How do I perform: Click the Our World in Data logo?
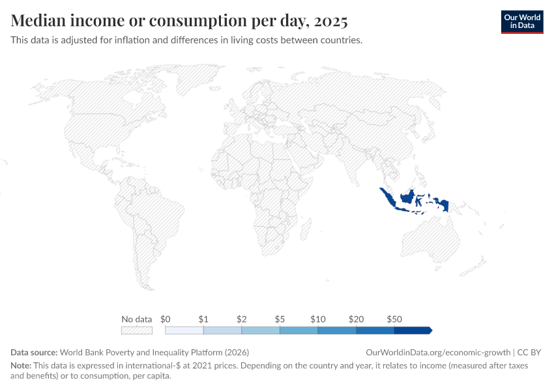pyautogui.click(x=521, y=22)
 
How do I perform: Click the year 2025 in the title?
pyautogui.click(x=330, y=21)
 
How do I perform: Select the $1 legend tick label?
pyautogui.click(x=203, y=319)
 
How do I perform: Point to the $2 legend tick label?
pyautogui.click(x=241, y=319)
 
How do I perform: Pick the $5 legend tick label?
pyautogui.click(x=280, y=319)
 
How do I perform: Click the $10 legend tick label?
pyautogui.click(x=317, y=319)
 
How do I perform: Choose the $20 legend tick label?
pyautogui.click(x=356, y=319)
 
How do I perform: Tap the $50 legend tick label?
pyautogui.click(x=394, y=319)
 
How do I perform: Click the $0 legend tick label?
pyautogui.click(x=166, y=319)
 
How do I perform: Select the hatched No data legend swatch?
pyautogui.click(x=137, y=330)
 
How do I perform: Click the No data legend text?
pyautogui.click(x=137, y=319)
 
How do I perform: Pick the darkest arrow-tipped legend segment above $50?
pyautogui.click(x=413, y=330)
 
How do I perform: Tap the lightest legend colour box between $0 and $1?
pyautogui.click(x=184, y=330)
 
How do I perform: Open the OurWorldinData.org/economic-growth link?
pyautogui.click(x=439, y=352)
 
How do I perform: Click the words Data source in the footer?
pyautogui.click(x=34, y=352)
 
